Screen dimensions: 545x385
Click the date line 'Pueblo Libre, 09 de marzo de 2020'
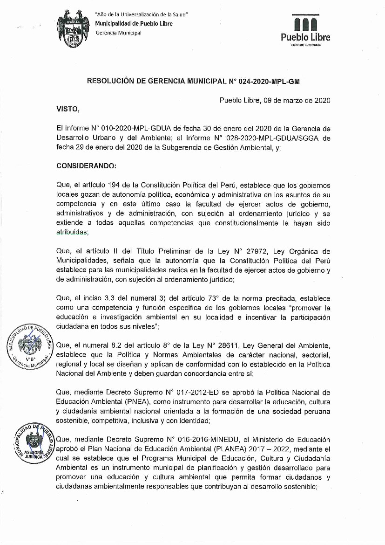coord(275,100)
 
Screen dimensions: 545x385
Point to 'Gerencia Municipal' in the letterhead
coord(118,33)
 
